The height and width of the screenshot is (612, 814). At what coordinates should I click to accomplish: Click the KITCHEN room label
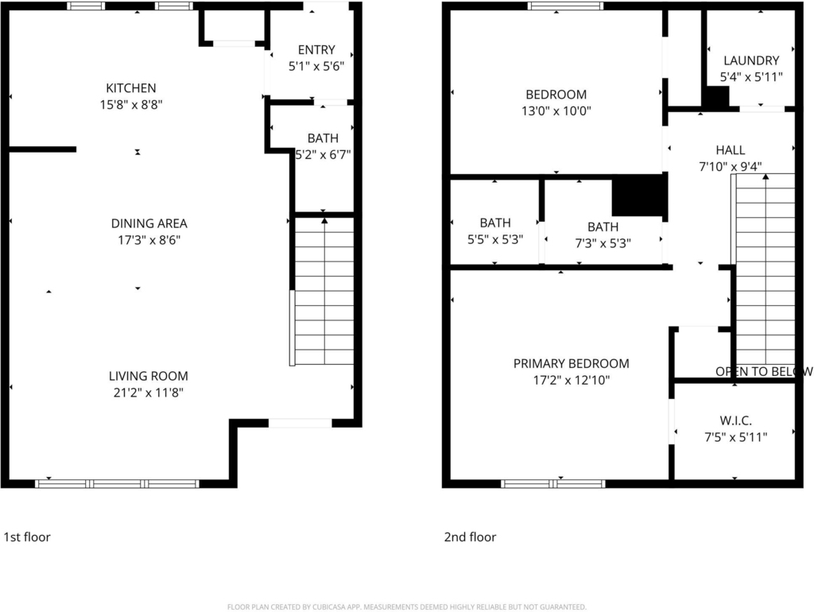(x=131, y=88)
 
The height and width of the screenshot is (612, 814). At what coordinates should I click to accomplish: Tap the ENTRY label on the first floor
(x=316, y=50)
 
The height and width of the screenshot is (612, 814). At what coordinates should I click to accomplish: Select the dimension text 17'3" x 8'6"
(x=149, y=240)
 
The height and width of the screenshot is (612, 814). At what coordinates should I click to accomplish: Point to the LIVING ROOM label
(x=149, y=376)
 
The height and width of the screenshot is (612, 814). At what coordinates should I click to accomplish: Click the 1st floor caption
(x=27, y=536)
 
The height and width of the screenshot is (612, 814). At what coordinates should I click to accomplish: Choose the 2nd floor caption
(x=470, y=536)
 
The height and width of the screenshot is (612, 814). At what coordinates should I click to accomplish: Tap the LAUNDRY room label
(x=751, y=60)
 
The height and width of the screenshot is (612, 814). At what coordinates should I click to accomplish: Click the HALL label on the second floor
(x=731, y=150)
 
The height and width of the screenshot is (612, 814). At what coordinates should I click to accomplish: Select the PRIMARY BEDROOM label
(x=571, y=363)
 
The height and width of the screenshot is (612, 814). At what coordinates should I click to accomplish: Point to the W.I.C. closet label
(x=735, y=420)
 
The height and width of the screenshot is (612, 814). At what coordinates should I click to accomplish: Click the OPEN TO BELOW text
(x=764, y=372)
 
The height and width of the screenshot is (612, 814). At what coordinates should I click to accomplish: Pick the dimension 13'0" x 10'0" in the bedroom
(x=556, y=110)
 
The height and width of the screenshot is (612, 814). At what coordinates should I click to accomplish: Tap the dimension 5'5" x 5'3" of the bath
(x=495, y=239)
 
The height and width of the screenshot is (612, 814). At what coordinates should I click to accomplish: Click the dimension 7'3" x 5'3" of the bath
(x=603, y=243)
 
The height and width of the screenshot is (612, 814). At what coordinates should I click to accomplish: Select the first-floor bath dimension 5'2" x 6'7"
(x=323, y=154)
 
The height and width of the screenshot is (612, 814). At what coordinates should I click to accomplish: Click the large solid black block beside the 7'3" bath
(x=639, y=196)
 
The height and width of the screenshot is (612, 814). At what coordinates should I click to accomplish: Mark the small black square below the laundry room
(x=717, y=98)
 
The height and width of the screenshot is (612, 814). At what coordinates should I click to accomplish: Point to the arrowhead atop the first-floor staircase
(x=324, y=221)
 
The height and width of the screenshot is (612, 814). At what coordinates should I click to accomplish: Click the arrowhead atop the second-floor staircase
(x=766, y=176)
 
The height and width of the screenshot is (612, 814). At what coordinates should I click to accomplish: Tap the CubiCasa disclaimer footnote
(x=407, y=606)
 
